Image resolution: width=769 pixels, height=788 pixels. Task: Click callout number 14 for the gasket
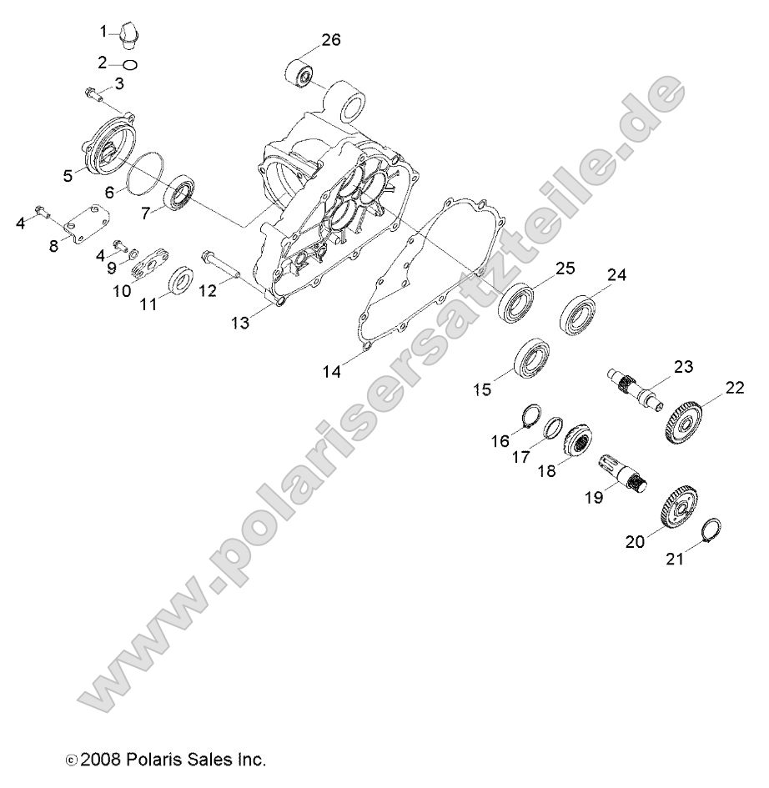[332, 372]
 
